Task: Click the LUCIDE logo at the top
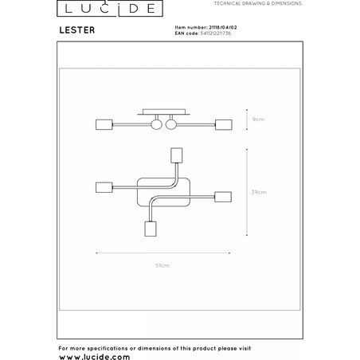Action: [110, 8]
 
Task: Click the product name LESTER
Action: [77, 30]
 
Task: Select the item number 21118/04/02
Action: [223, 27]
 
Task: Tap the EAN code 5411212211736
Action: [216, 33]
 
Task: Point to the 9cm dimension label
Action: [258, 119]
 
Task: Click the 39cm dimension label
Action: [259, 192]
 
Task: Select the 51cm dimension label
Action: [162, 265]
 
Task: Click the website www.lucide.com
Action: [95, 357]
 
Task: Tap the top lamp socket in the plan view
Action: [176, 155]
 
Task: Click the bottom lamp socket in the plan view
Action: [151, 229]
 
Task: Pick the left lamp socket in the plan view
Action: [104, 187]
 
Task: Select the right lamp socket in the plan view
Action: [223, 197]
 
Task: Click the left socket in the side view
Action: [104, 124]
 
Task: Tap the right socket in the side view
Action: [224, 124]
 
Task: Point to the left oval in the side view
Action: [156, 124]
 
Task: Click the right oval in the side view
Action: [170, 124]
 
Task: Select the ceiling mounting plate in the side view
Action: [164, 112]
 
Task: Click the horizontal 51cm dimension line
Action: [163, 253]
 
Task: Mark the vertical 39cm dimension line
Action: [247, 192]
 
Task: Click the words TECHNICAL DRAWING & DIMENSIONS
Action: [258, 3]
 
